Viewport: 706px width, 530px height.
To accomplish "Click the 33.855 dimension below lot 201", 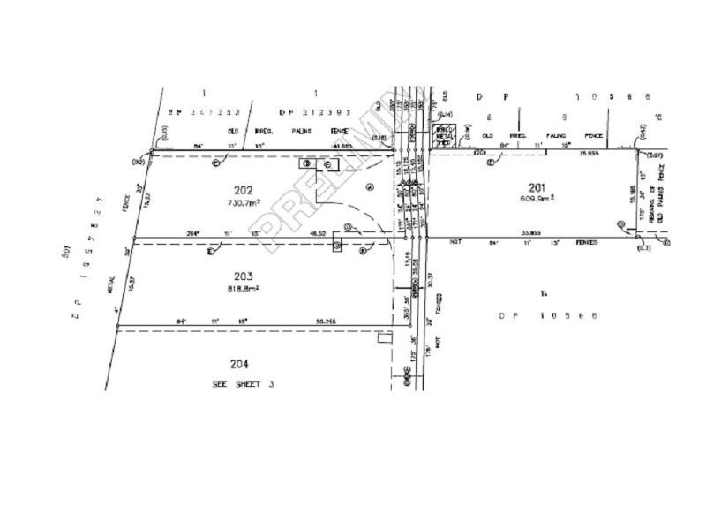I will point(531,233).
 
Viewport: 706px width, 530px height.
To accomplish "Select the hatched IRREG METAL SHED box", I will point(444,134).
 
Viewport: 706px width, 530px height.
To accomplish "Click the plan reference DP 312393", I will point(315,113).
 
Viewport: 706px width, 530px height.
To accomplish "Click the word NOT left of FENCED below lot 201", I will point(456,241).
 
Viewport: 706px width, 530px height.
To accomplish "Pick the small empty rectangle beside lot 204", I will point(383,337).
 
